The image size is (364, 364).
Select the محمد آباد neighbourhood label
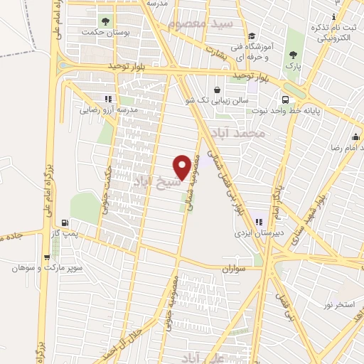[x=242, y=134]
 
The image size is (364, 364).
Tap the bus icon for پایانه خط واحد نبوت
[x=285, y=100]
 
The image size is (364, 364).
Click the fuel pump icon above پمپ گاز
[x=65, y=223]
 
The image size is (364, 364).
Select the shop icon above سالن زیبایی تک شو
[x=215, y=90]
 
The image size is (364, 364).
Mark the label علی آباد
[x=203, y=355]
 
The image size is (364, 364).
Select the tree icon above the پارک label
[x=293, y=55]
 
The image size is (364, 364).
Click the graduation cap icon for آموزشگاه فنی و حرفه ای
[x=251, y=37]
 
